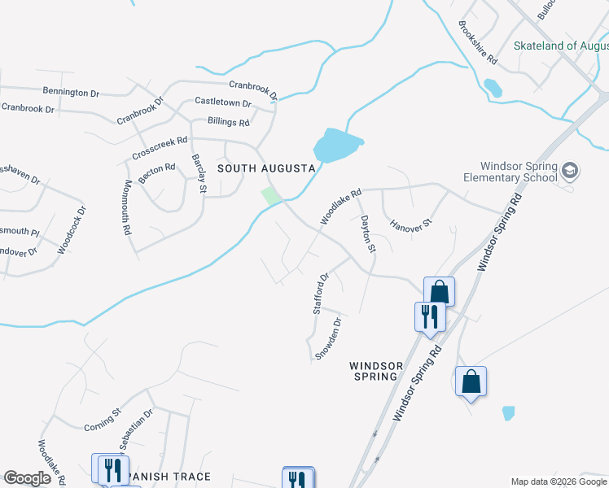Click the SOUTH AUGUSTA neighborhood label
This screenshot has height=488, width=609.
265,168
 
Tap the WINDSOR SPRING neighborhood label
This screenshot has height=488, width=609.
374,371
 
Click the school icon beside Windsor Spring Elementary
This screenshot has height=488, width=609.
570,170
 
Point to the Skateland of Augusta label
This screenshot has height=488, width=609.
561,46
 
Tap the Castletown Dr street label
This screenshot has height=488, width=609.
223,102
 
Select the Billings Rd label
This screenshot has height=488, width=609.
229,122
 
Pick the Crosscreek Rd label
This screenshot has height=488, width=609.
160,146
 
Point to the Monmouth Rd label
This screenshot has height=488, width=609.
127,207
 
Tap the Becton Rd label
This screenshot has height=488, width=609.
157,172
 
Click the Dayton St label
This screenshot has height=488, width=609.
368,233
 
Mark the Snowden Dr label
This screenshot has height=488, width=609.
329,337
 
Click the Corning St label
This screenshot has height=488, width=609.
103,420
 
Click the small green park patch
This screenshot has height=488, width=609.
271,196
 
